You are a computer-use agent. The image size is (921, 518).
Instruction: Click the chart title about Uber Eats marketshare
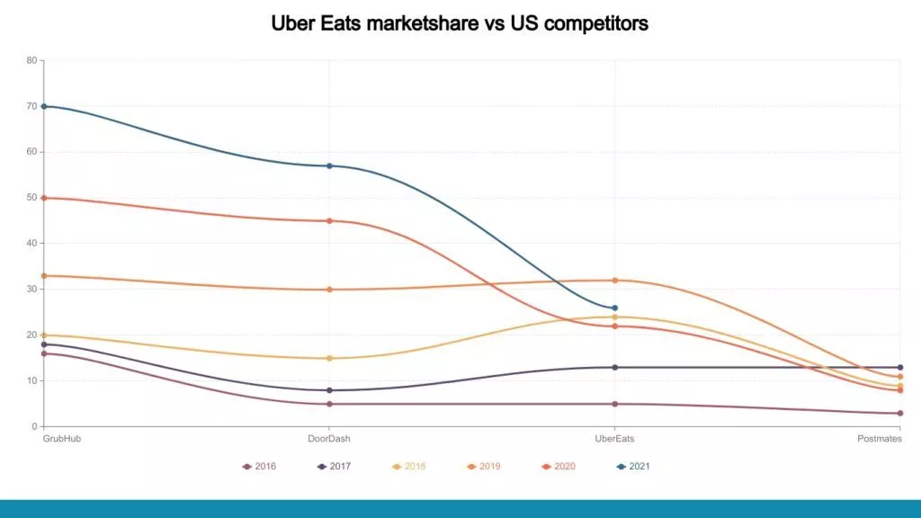(x=460, y=24)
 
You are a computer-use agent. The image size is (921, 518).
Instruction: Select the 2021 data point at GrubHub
(x=44, y=106)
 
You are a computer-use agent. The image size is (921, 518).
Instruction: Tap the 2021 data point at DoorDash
(x=329, y=165)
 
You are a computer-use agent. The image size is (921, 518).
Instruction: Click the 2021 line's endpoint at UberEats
(x=614, y=308)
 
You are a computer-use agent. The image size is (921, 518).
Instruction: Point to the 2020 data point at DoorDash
(x=329, y=220)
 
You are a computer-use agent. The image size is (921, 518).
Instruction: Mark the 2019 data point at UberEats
(x=614, y=281)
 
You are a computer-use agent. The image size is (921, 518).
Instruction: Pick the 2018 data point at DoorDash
(x=329, y=358)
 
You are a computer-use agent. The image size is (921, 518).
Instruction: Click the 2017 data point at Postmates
(x=899, y=367)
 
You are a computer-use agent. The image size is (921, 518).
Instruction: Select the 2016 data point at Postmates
(x=899, y=413)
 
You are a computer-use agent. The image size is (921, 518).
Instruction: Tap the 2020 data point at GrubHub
(x=44, y=198)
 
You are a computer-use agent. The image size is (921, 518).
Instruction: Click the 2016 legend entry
(x=259, y=466)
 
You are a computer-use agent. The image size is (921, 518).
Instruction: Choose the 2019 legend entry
(x=484, y=466)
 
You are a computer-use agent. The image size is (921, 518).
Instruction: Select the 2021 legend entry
(x=633, y=466)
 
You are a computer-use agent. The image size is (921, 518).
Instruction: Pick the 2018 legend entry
(x=408, y=466)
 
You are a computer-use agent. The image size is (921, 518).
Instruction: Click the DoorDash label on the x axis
(x=329, y=439)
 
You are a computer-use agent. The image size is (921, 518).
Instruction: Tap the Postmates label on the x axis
(x=880, y=439)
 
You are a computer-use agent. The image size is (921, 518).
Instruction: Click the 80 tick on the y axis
(x=31, y=61)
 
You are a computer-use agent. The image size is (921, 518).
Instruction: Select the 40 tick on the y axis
(x=31, y=244)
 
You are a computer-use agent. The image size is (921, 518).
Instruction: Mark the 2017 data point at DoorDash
(x=329, y=390)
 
